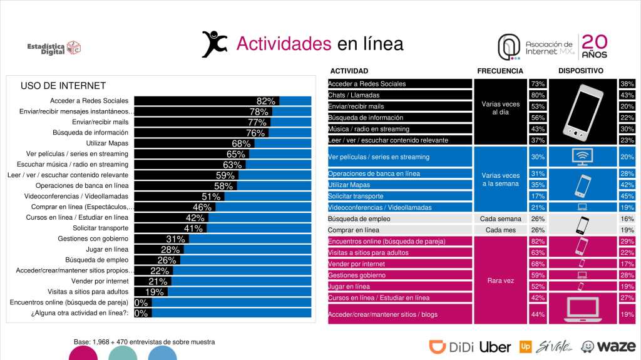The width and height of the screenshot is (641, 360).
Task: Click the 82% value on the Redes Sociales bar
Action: pyautogui.click(x=266, y=101)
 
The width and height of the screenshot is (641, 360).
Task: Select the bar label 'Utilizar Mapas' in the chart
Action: pyautogui.click(x=107, y=143)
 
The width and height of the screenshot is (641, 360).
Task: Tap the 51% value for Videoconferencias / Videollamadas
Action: pyautogui.click(x=211, y=197)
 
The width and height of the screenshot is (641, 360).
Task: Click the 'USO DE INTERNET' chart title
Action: pyautogui.click(x=63, y=86)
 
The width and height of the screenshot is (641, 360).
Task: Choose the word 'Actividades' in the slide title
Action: pyautogui.click(x=284, y=44)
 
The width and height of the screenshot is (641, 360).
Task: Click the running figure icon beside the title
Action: pyautogui.click(x=214, y=44)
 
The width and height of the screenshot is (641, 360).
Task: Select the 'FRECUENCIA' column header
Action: pyautogui.click(x=500, y=71)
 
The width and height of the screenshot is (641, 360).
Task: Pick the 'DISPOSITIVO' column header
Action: pyautogui.click(x=581, y=71)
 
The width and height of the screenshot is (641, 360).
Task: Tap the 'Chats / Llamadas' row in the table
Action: pyautogui.click(x=399, y=95)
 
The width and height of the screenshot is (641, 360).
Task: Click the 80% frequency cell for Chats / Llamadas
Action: pyautogui.click(x=537, y=95)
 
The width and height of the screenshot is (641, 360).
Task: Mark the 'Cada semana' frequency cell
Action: pyautogui.click(x=500, y=219)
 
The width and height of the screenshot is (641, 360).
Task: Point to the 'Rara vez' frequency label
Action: pyautogui.click(x=500, y=280)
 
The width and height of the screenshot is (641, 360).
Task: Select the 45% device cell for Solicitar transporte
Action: pyautogui.click(x=627, y=196)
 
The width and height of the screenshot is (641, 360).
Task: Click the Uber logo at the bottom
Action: pyautogui.click(x=495, y=346)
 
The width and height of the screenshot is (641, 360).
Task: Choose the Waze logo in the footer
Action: pyautogui.click(x=608, y=346)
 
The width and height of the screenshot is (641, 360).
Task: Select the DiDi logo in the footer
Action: pyautogui.click(x=451, y=346)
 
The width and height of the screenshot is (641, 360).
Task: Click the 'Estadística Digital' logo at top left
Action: pyautogui.click(x=54, y=48)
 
